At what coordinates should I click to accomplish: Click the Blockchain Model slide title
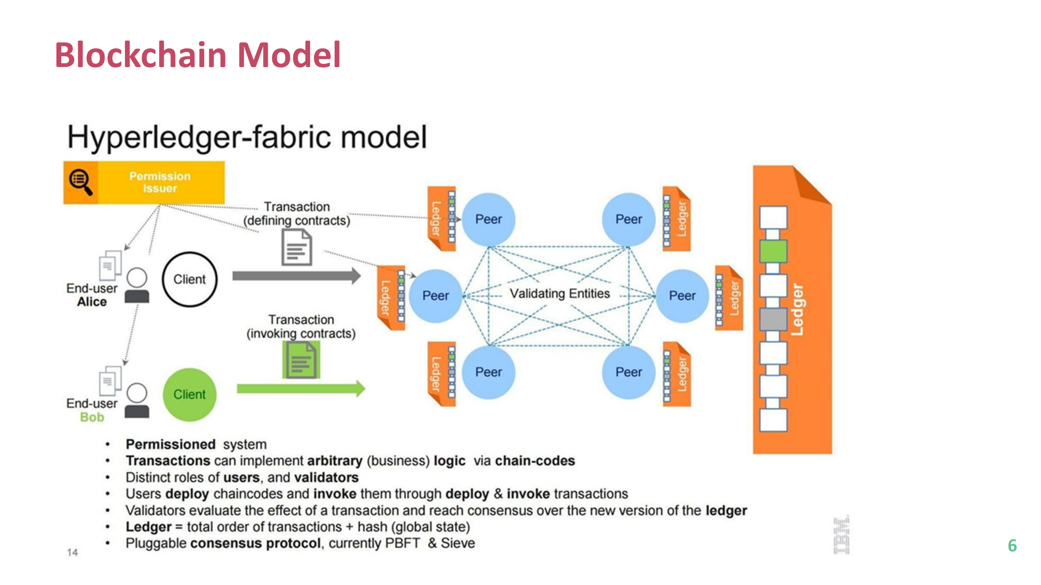click(x=198, y=55)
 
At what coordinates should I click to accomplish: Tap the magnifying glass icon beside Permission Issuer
click(x=81, y=182)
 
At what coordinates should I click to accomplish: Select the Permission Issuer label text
click(x=160, y=182)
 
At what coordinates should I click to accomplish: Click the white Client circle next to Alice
click(x=190, y=279)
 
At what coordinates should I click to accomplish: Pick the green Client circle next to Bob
click(x=190, y=394)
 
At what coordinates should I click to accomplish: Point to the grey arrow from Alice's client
click(x=296, y=276)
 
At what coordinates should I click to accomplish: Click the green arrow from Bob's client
click(x=301, y=389)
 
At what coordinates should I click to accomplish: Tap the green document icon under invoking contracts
click(x=301, y=360)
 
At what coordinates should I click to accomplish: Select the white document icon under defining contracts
click(x=297, y=247)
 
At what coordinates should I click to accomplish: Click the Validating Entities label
click(x=560, y=294)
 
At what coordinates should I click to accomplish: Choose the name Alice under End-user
click(x=92, y=302)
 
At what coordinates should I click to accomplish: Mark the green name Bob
click(x=92, y=418)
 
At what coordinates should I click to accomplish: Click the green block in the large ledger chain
click(x=773, y=251)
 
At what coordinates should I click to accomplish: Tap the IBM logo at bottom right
click(x=842, y=535)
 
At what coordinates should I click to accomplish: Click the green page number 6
click(x=1012, y=546)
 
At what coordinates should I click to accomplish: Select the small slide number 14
click(x=72, y=552)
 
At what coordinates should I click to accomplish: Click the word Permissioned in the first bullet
click(x=170, y=444)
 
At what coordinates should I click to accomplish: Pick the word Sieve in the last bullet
click(x=458, y=544)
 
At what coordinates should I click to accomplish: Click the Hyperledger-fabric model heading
click(x=247, y=137)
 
